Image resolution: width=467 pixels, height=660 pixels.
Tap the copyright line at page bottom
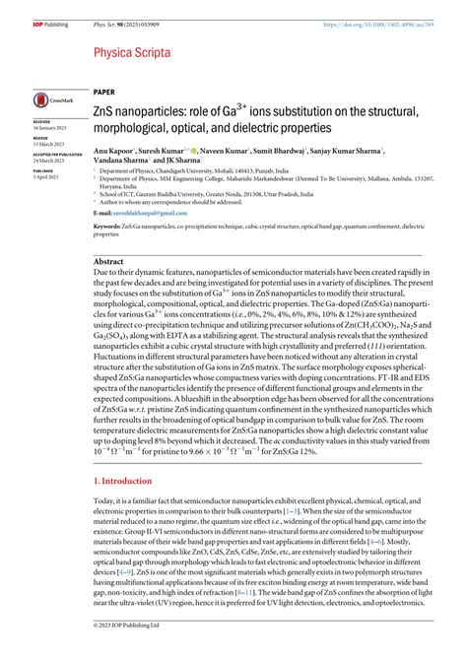pos(63,652)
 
